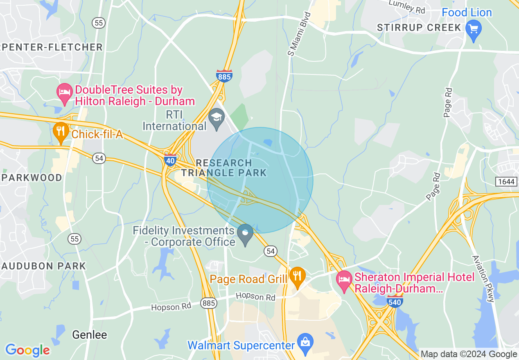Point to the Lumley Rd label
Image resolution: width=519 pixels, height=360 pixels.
(x=407, y=7)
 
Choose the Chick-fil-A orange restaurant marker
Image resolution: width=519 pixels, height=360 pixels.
(x=61, y=131)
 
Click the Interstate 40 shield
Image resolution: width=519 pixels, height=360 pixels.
(x=170, y=160)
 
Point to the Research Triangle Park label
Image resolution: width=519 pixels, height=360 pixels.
(x=224, y=168)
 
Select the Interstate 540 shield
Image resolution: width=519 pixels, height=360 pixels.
(x=395, y=301)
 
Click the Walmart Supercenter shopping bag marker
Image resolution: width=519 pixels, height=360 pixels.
(x=305, y=342)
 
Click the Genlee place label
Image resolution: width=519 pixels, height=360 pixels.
(x=90, y=335)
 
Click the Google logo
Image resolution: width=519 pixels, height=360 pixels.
(x=27, y=350)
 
